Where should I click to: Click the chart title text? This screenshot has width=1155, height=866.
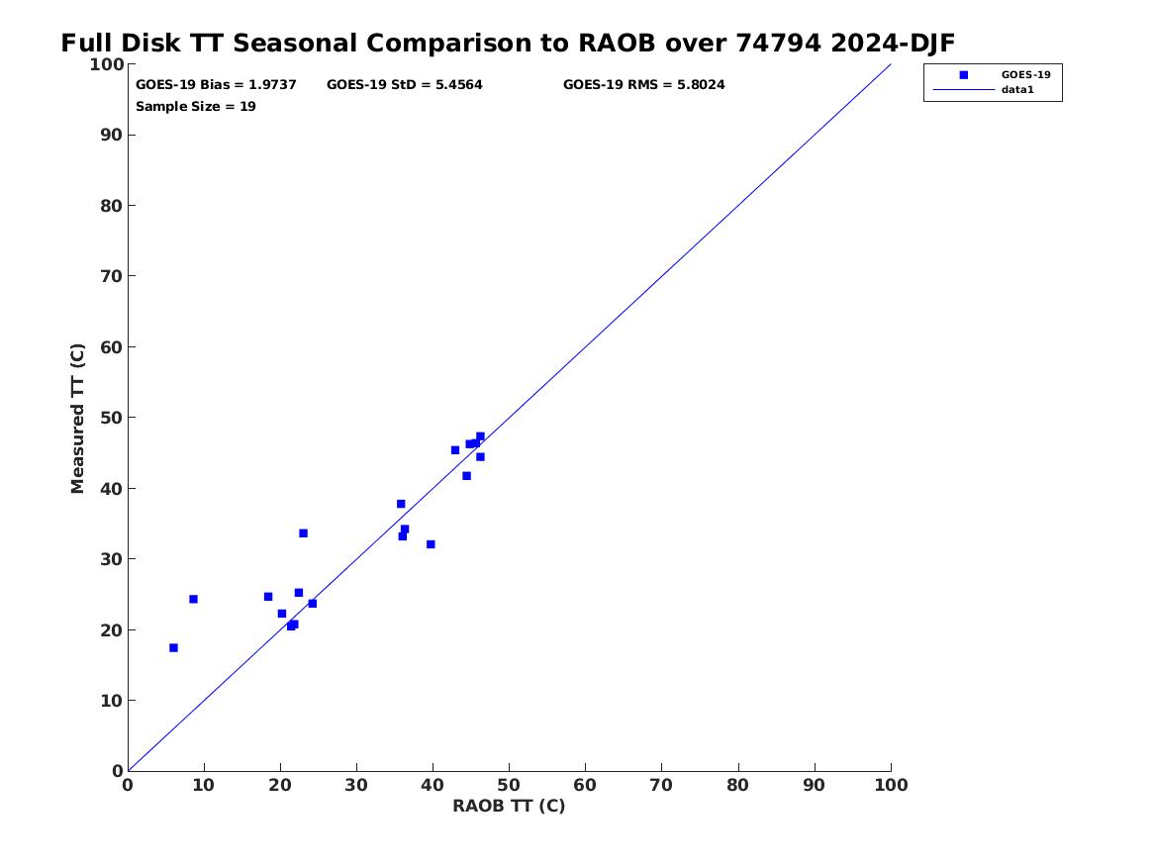pos(508,44)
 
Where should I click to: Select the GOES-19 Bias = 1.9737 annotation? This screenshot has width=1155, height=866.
pos(216,85)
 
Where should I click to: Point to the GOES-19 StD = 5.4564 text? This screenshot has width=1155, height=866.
pos(405,85)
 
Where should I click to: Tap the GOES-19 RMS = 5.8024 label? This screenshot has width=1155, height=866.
pos(643,85)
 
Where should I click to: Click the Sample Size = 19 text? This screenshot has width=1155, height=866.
pos(195,107)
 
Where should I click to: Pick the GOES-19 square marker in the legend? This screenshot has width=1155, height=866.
pos(963,75)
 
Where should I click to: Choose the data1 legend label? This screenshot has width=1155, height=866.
pos(1017,90)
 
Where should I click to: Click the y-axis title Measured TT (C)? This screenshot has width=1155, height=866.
pos(77,419)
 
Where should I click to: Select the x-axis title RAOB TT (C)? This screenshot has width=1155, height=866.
pos(509,807)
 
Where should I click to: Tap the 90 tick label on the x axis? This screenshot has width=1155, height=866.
pos(814,786)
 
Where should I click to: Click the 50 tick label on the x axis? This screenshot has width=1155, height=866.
pos(509,786)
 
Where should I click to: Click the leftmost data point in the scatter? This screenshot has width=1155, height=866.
pos(173,648)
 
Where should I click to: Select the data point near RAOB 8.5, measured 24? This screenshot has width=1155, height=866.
pos(193,600)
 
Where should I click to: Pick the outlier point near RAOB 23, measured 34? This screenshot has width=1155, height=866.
pos(303,533)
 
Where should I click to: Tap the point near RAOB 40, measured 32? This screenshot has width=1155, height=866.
pos(431,544)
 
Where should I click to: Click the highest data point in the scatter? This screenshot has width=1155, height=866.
pos(480,436)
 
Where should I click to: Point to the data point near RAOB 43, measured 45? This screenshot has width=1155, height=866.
pos(455,450)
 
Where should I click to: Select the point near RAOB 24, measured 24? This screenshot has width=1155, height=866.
pos(313,604)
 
